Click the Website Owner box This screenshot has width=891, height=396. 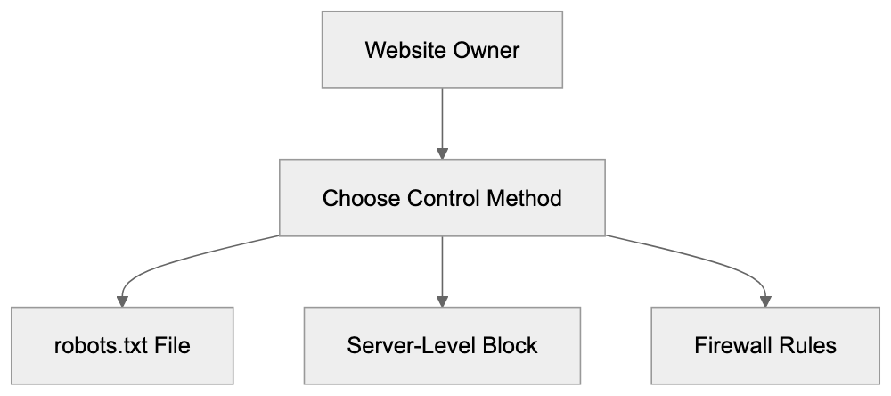pos(442,50)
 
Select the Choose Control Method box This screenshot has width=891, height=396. pos(442,198)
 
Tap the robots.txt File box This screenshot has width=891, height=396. pos(122,344)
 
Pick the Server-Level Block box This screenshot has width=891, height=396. pos(442,344)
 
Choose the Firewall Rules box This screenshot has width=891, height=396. pos(764,344)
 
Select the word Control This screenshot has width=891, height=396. pos(437,198)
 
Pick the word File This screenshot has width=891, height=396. pos(172,344)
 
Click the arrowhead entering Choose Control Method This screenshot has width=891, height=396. pos(442,153)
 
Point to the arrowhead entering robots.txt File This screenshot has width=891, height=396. pos(122,301)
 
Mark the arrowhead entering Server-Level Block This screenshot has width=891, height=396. pos(442,301)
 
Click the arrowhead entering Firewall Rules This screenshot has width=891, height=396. pos(764,301)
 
